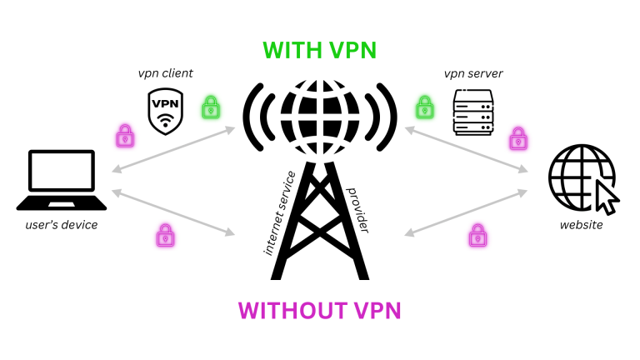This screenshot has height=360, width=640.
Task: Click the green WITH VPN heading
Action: tap(319, 50)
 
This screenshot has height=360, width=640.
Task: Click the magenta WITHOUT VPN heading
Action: tap(319, 311)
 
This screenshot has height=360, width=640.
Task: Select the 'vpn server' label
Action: tap(474, 73)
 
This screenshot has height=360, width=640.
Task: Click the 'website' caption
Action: tap(581, 225)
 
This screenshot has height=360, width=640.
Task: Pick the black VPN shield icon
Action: tap(165, 111)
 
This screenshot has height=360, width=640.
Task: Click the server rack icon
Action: tap(473, 112)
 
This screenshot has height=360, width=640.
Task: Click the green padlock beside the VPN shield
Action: tap(210, 107)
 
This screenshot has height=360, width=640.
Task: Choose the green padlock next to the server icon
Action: tap(425, 107)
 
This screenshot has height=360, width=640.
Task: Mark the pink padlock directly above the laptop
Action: tap(125, 135)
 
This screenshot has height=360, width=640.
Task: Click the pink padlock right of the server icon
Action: tap(518, 137)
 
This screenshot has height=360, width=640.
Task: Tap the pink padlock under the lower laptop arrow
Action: tap(164, 236)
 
